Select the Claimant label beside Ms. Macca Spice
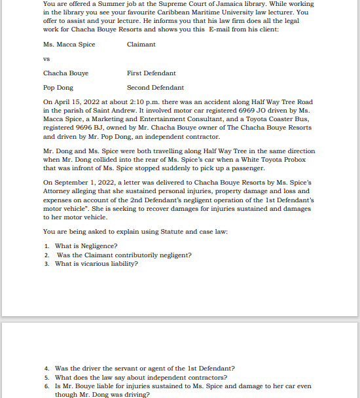pos(141,45)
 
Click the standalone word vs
pos(46,59)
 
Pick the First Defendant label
pos(151,73)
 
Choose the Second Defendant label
pos(155,88)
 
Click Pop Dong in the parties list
pos(58,88)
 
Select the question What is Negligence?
pos(86,246)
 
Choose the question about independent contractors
pos(141,378)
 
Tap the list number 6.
pos(46,387)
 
